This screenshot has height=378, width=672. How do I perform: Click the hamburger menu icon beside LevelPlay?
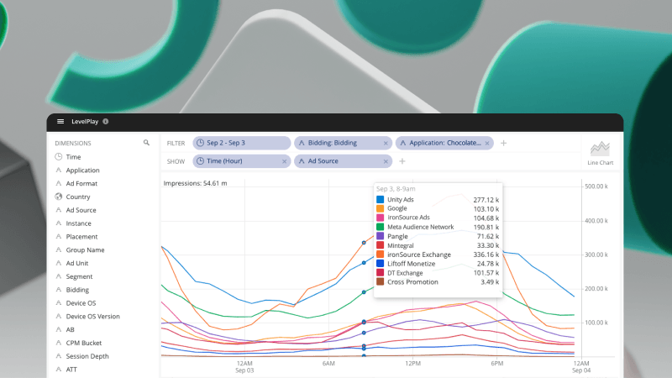point(60,122)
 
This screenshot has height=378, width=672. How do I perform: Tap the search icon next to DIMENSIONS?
point(146,143)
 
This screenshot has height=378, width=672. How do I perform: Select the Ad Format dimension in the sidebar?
point(81,183)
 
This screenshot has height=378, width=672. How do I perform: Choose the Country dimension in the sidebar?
point(78,197)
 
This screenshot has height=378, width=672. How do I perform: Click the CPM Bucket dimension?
point(83,343)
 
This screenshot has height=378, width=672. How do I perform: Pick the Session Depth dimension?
point(87,356)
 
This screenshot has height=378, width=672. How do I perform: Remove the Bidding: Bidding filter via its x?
point(386,143)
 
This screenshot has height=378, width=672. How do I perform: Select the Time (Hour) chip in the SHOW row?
point(224,160)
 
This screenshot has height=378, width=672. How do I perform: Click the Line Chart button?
point(601,151)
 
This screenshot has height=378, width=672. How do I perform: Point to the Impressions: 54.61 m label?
point(196,182)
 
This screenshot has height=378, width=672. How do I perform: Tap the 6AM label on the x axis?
point(328,364)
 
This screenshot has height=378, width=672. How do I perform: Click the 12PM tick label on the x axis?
point(412,364)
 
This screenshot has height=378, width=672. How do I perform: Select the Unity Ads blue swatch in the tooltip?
point(380,199)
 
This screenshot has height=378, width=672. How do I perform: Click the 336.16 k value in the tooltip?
point(486,255)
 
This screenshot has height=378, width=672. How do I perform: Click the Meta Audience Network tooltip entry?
point(420,227)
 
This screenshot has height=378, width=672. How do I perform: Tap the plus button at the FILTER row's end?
point(503,143)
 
